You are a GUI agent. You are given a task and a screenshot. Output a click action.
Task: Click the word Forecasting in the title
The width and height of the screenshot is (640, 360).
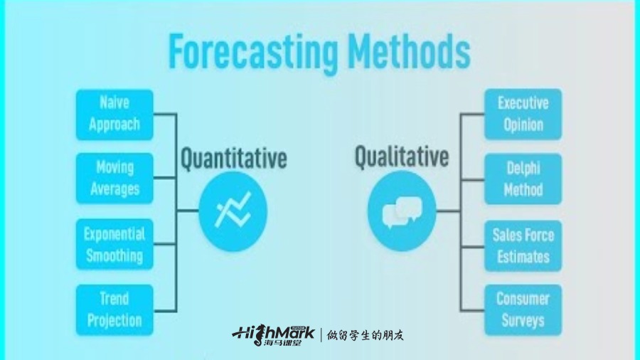(x=253, y=52)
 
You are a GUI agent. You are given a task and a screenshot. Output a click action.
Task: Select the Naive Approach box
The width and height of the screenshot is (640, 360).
(x=114, y=115)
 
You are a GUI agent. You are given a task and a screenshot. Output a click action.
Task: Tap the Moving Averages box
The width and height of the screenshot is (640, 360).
(x=114, y=179)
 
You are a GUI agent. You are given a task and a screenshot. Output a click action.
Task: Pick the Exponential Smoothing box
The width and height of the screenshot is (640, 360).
(x=114, y=244)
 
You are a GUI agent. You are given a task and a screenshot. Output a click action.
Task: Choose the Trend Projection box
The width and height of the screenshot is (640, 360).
(x=114, y=309)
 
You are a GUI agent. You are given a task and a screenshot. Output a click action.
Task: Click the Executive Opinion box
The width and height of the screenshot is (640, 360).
(x=523, y=115)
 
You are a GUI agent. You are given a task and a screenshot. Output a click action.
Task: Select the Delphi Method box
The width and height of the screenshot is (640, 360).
(x=523, y=179)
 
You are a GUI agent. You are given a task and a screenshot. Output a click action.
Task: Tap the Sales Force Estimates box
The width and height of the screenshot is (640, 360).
(x=523, y=245)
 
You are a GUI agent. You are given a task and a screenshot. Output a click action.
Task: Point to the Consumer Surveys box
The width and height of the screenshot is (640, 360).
(x=523, y=309)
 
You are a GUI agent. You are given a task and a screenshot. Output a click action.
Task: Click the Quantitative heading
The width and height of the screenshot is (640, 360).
(x=234, y=159)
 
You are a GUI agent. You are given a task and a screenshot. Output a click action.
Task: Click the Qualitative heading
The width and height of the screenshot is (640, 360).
(x=402, y=157)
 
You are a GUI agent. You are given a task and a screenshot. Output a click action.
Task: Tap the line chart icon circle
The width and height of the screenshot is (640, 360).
(x=233, y=211)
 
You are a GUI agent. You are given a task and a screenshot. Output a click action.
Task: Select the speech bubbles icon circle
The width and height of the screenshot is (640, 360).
(x=402, y=211)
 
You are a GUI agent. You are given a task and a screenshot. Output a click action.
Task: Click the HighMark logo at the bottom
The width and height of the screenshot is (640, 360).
(x=274, y=336)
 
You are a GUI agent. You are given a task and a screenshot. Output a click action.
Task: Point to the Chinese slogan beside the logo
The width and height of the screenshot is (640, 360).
(x=366, y=336)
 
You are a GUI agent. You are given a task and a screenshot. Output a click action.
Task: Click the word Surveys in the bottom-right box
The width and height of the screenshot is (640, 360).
(x=523, y=320)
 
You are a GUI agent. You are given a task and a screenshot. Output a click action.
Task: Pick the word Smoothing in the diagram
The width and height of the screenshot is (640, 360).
(x=114, y=256)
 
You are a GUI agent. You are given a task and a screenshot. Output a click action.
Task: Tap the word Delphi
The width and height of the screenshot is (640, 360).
(x=523, y=169)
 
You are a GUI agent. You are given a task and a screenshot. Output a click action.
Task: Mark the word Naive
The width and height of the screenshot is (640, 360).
(x=114, y=102)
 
